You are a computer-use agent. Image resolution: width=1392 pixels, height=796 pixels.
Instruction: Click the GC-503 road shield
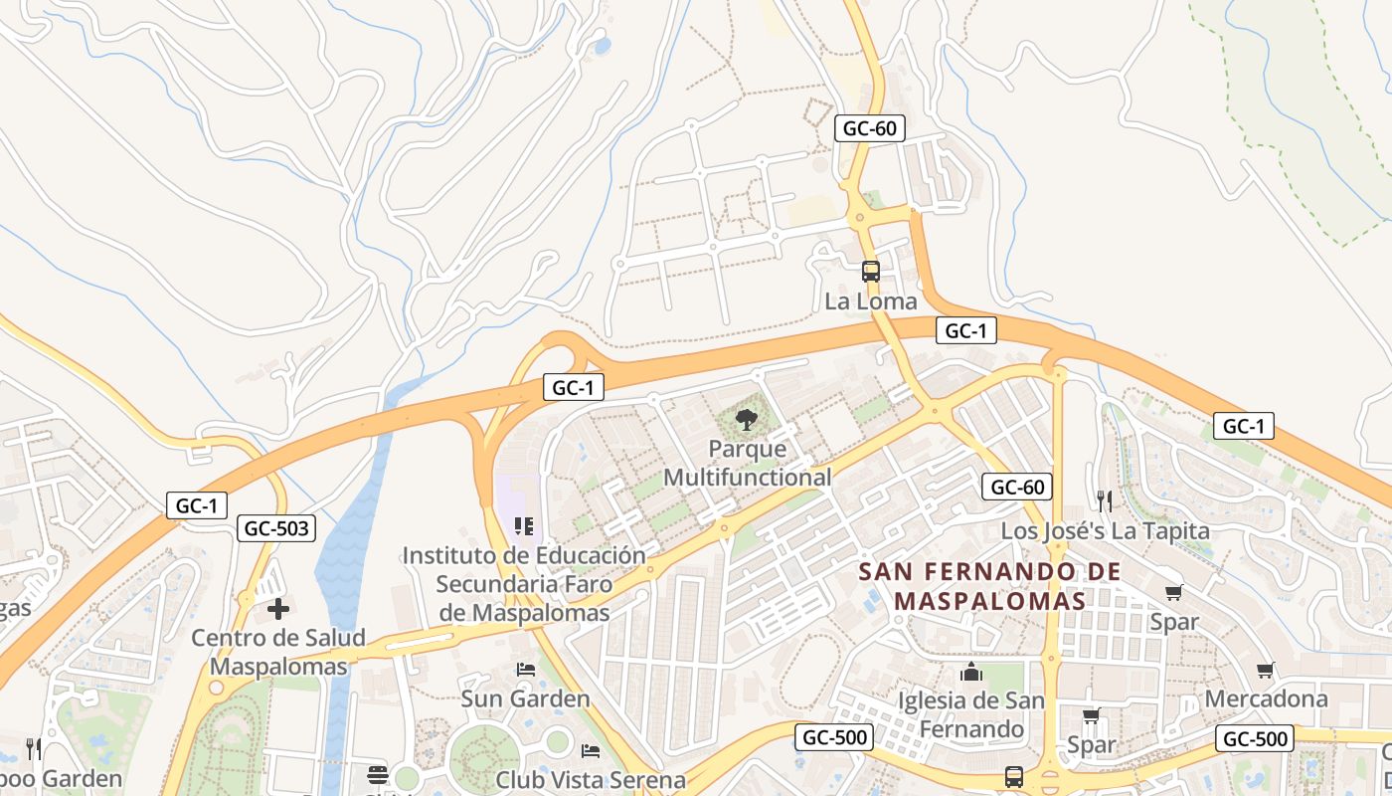tap(276, 528)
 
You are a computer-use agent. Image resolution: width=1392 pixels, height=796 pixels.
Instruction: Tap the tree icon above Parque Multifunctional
tap(746, 419)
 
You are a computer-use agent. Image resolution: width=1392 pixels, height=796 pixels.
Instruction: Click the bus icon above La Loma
tap(870, 271)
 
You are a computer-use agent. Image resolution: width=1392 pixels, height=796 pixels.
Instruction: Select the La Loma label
tap(871, 300)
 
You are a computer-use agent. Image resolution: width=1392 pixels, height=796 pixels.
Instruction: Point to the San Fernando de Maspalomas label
tap(989, 586)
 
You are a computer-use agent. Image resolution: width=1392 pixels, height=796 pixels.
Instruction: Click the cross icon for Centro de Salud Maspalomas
tap(278, 608)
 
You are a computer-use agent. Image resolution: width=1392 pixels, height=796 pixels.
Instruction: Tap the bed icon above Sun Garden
tap(526, 670)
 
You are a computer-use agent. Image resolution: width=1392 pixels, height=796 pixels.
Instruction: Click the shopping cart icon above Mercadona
tap(1265, 670)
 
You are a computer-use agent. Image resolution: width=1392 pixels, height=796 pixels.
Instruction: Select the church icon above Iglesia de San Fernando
tap(971, 673)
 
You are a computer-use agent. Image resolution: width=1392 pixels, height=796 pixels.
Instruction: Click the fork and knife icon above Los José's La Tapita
tap(1104, 500)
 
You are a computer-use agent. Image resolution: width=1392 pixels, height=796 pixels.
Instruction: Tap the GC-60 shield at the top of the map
tap(869, 128)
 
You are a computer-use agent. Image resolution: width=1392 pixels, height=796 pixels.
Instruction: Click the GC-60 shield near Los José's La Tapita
tap(1016, 487)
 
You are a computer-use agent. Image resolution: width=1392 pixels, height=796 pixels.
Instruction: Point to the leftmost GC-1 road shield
tap(196, 505)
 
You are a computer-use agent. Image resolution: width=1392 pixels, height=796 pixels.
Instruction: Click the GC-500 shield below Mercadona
tap(1254, 738)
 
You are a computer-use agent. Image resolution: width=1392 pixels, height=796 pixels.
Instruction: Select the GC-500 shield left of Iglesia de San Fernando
tap(834, 737)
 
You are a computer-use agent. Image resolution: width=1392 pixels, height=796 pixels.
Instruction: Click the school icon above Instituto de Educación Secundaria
tap(523, 526)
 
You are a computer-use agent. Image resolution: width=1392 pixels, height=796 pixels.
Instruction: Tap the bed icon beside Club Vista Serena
tap(591, 750)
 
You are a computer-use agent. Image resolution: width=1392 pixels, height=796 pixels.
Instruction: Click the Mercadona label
tap(1266, 698)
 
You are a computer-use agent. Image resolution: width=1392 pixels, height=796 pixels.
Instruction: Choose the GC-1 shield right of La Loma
tap(965, 331)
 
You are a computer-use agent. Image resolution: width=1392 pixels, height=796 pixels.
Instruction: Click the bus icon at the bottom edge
tap(1013, 776)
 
